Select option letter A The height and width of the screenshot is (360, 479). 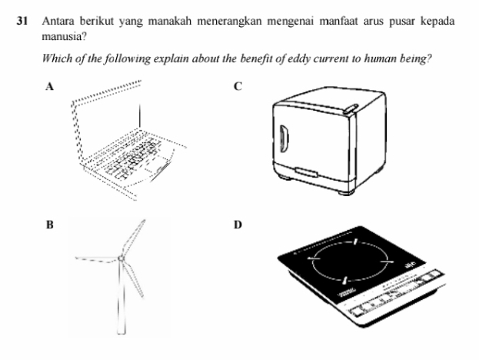(50, 88)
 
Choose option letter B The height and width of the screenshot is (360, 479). (50, 225)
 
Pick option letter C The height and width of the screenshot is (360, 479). (238, 88)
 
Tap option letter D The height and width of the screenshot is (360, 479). (238, 225)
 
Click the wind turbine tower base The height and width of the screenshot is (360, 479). (121, 329)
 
